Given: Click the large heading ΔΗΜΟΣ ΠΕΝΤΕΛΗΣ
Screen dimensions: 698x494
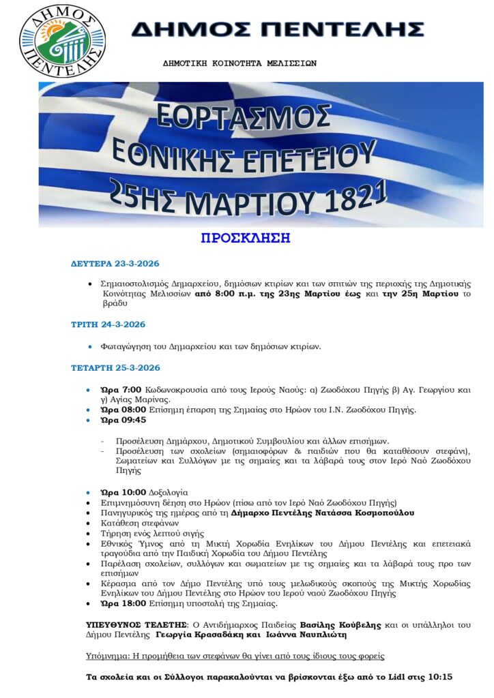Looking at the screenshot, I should click(x=278, y=29).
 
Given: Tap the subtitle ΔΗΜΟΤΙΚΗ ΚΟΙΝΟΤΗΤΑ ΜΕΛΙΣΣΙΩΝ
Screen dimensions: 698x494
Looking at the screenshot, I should click(x=239, y=63).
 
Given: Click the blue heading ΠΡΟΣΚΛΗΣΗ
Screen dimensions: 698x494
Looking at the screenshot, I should click(x=246, y=238).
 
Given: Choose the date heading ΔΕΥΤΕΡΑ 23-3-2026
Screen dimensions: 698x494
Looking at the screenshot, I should click(x=115, y=263).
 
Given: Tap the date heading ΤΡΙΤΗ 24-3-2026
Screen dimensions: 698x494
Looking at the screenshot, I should click(x=108, y=324).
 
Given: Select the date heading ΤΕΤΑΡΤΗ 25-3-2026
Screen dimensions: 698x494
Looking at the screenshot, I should click(x=115, y=368).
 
